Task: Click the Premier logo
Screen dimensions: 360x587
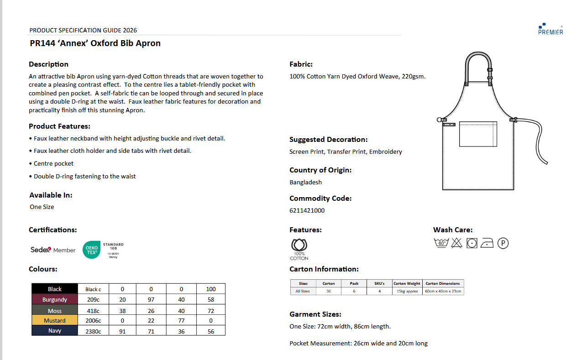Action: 550,29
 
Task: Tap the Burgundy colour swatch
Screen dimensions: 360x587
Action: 55,299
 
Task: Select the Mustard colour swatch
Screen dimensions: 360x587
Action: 55,320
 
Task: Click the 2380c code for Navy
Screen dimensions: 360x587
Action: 93,331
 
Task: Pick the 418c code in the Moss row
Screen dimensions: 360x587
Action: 93,310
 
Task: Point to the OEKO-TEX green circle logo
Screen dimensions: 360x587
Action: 91,250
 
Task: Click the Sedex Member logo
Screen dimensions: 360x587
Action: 52,250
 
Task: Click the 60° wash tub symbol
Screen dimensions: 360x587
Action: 441,243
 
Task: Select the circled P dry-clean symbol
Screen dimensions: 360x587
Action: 503,243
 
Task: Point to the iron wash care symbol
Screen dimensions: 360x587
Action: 487,243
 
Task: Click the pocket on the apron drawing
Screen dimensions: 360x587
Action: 478,134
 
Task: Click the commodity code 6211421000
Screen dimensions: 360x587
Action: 307,210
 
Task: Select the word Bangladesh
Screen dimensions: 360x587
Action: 305,182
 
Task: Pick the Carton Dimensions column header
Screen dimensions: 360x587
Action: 443,283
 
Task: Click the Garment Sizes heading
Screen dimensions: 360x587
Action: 315,314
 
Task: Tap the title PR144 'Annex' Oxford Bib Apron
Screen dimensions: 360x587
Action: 95,43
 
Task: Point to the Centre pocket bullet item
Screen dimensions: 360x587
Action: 53,163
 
